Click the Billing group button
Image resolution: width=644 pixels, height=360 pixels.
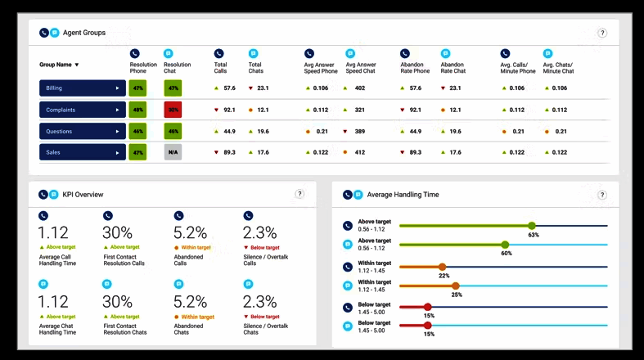point(82,88)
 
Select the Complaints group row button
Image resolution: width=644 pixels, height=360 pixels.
point(82,110)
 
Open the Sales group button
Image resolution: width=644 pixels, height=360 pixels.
point(82,152)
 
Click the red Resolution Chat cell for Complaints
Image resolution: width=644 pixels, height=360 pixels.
point(172,110)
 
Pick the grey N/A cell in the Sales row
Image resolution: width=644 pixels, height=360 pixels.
point(172,152)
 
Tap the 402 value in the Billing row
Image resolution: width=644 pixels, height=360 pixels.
point(359,88)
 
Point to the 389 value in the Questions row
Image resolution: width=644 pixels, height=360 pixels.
point(359,131)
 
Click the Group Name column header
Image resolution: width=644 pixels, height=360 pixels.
point(59,64)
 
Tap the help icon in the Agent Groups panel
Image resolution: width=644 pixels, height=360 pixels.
point(602,33)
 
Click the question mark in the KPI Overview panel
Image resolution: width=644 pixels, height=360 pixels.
point(299,194)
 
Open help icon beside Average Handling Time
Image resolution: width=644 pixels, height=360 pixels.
point(602,195)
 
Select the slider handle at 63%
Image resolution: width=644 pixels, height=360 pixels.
point(532,226)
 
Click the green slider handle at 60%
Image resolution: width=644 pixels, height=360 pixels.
point(505,245)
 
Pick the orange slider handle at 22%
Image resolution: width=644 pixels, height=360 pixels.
point(442,267)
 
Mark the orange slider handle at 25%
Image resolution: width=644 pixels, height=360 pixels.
point(456,286)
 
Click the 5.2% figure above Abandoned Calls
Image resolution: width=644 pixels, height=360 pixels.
point(190,233)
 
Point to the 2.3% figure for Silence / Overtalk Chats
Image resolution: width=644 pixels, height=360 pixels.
point(259,302)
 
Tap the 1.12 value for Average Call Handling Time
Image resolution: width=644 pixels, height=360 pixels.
point(52,233)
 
